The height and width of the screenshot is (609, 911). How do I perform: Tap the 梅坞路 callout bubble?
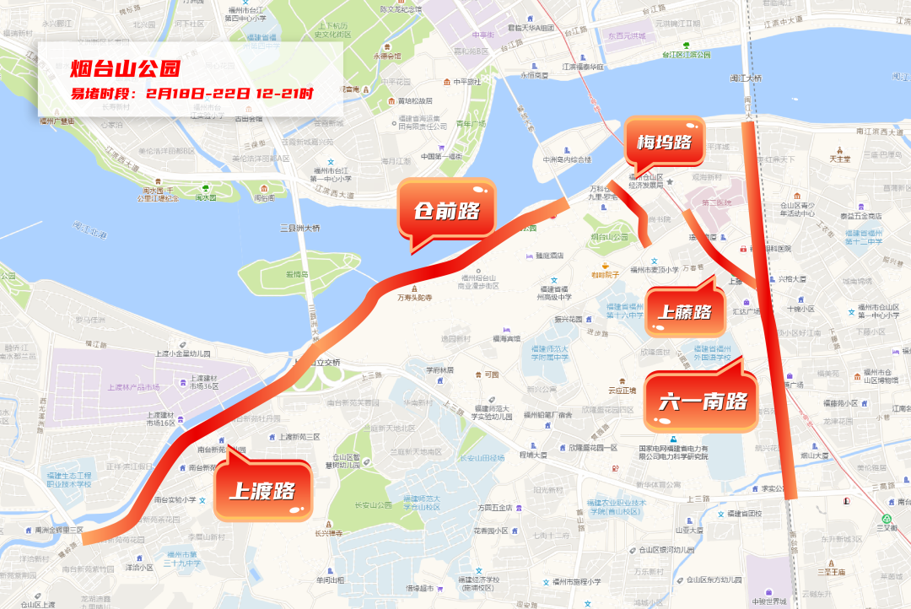pyautogui.click(x=664, y=142)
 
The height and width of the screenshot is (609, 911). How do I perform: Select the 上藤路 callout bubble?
pyautogui.click(x=684, y=312)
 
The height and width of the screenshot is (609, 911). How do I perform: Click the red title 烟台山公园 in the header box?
pyautogui.click(x=125, y=67)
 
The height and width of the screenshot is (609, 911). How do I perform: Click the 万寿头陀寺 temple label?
pyautogui.click(x=414, y=297)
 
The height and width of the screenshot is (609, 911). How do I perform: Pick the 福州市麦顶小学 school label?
pyautogui.click(x=655, y=270)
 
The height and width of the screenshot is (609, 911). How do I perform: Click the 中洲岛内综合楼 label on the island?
pyautogui.click(x=566, y=159)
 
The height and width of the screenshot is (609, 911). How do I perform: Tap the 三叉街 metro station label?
pyautogui.click(x=887, y=528)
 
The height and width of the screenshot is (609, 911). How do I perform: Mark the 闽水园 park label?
pyautogui.click(x=206, y=197)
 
